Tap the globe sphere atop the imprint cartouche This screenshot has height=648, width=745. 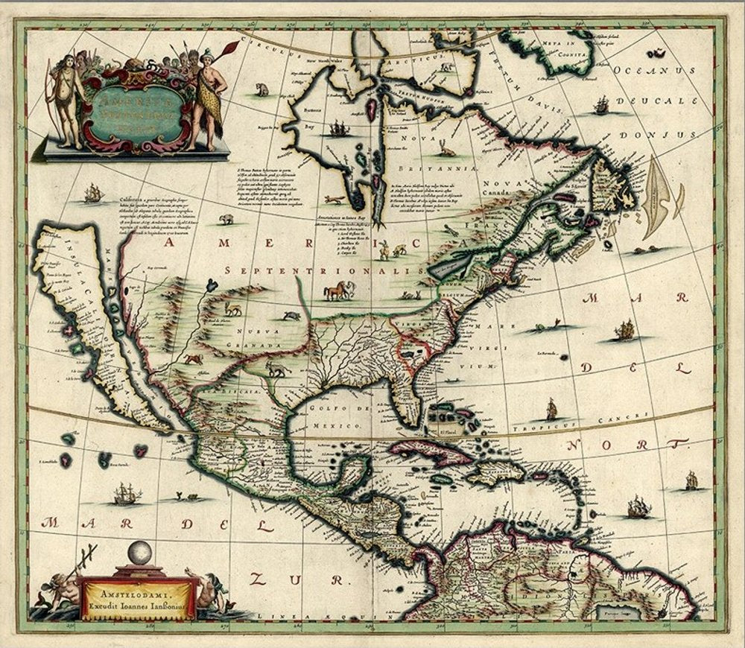click(x=137, y=553)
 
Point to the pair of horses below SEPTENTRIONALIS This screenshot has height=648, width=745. click(x=337, y=290)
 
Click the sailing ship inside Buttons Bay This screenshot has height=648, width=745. click(x=340, y=128)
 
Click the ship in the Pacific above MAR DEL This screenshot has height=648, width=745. click(x=125, y=493)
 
